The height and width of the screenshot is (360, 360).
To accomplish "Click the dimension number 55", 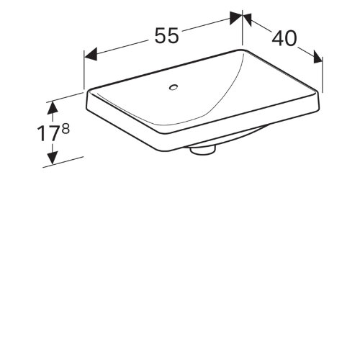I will click(166, 36).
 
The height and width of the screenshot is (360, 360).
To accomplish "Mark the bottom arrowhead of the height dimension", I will click(52, 159).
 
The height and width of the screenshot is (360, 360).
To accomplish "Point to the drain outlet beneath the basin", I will click(202, 150).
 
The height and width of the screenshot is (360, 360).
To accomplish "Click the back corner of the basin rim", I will click(242, 50).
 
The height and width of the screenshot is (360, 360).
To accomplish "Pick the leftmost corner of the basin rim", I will click(87, 91).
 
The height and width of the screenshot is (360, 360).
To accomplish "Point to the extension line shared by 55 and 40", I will click(242, 32).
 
